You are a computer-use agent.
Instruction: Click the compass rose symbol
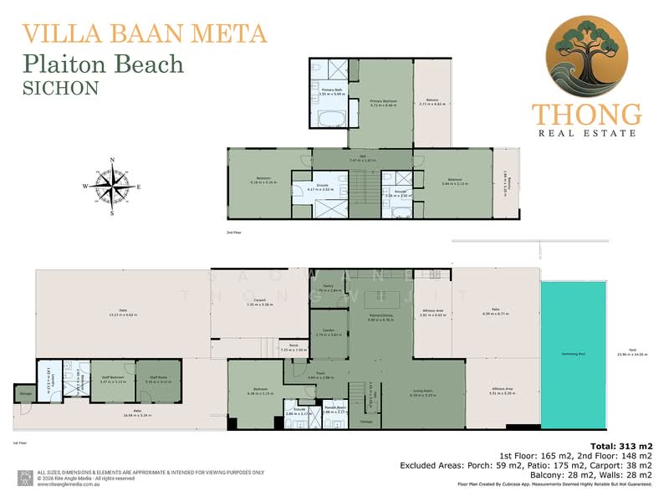(x=112, y=186)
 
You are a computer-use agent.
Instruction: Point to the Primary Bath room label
(x=332, y=93)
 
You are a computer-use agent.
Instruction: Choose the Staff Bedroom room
(x=112, y=388)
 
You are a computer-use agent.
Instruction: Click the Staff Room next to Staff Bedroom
(x=158, y=388)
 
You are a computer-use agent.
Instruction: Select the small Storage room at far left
(x=24, y=393)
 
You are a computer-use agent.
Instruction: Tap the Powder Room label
(x=335, y=411)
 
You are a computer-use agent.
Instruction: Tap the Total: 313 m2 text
(x=621, y=446)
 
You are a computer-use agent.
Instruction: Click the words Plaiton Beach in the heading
(x=103, y=64)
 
